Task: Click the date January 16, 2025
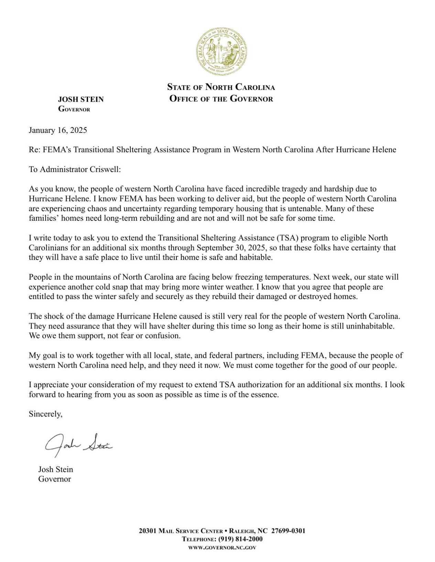point(58,130)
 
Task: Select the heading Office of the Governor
point(221,99)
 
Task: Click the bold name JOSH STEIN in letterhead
point(81,100)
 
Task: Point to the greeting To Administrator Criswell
point(75,169)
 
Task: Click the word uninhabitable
point(371,326)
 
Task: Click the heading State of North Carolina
point(221,87)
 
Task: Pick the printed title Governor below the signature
point(54,479)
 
